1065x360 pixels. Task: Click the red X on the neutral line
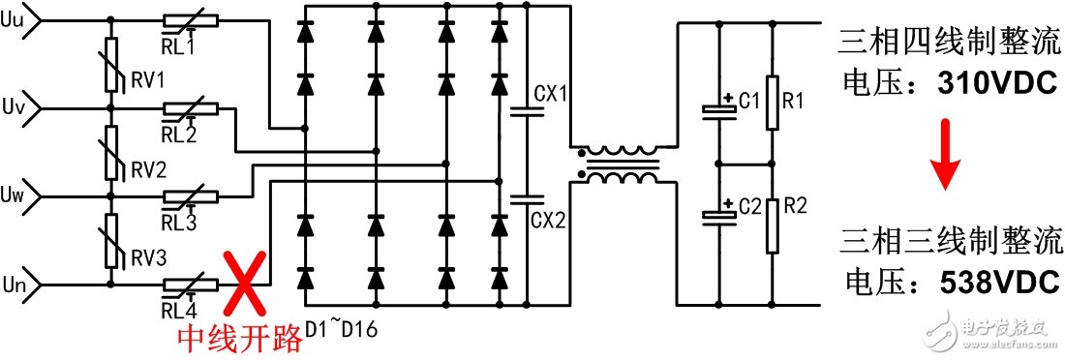tap(245, 285)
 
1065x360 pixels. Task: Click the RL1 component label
tap(179, 45)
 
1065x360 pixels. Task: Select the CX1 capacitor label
tap(551, 95)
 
